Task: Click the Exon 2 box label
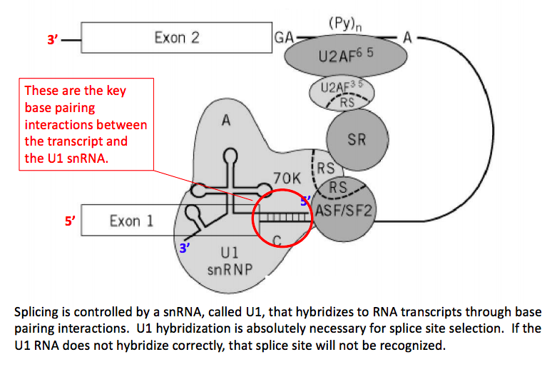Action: (177, 37)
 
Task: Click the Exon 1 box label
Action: (131, 221)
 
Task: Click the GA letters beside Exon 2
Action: (282, 37)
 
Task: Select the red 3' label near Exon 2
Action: (53, 41)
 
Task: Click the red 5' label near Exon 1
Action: (70, 221)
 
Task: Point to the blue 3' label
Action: (185, 248)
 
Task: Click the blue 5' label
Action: (305, 201)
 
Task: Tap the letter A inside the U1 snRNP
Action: (226, 121)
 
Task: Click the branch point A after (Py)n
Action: (407, 38)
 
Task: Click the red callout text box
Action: (86, 124)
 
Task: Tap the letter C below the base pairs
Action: (277, 237)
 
